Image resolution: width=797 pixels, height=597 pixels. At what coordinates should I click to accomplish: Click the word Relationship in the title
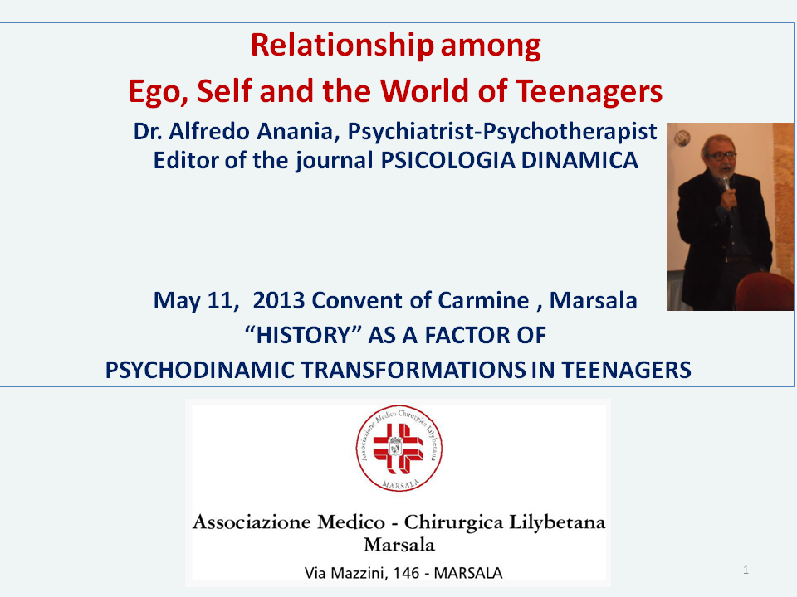[x=342, y=46]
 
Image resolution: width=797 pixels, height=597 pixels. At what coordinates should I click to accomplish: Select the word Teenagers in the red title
[x=589, y=92]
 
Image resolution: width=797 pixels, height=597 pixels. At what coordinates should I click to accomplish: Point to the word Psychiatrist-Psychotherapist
[x=502, y=133]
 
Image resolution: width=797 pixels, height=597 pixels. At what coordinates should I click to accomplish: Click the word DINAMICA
[x=579, y=160]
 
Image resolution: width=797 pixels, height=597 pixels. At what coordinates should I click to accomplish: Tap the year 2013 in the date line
[x=279, y=300]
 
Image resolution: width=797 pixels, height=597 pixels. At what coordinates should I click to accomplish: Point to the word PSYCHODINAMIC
[x=200, y=370]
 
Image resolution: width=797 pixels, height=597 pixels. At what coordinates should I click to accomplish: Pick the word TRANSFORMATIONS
[x=413, y=370]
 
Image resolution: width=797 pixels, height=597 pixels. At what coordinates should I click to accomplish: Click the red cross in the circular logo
[x=398, y=447]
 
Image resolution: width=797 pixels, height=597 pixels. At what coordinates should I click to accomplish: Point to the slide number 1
[x=746, y=570]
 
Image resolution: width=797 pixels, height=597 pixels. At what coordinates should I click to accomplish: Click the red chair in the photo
[x=764, y=291]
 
